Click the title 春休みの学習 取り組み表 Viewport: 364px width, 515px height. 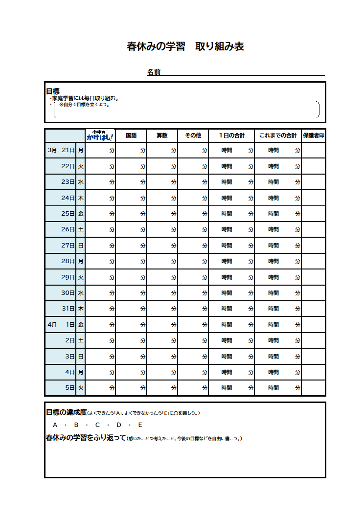pyautogui.click(x=185, y=47)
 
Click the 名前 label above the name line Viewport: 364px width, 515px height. pyautogui.click(x=154, y=72)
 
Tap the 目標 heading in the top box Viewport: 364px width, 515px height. pyautogui.click(x=53, y=91)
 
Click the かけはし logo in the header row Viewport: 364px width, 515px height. pyautogui.click(x=100, y=135)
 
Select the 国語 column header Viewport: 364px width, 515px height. pyautogui.click(x=131, y=135)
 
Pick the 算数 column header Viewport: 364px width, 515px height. pyautogui.click(x=162, y=135)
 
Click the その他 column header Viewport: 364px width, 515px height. pyautogui.click(x=193, y=135)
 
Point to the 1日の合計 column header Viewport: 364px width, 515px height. pyautogui.click(x=231, y=135)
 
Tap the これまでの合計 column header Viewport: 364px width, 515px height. pyautogui.click(x=278, y=135)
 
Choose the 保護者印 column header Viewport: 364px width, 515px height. pyautogui.click(x=314, y=135)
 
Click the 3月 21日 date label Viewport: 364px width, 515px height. pyautogui.click(x=61, y=150)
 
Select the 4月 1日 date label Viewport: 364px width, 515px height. pyautogui.click(x=61, y=325)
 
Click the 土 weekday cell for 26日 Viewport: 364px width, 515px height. pyautogui.click(x=81, y=229)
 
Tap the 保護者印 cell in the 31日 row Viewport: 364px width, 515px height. pyautogui.click(x=314, y=309)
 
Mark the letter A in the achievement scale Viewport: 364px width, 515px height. pyautogui.click(x=55, y=425)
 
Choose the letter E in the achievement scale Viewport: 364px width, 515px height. pyautogui.click(x=140, y=425)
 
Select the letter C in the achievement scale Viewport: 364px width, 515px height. pyautogui.click(x=97, y=425)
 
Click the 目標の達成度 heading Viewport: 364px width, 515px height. pyautogui.click(x=66, y=412)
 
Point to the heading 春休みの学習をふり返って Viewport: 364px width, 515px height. pyautogui.click(x=86, y=438)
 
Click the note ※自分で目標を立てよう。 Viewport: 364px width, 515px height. pyautogui.click(x=84, y=104)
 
